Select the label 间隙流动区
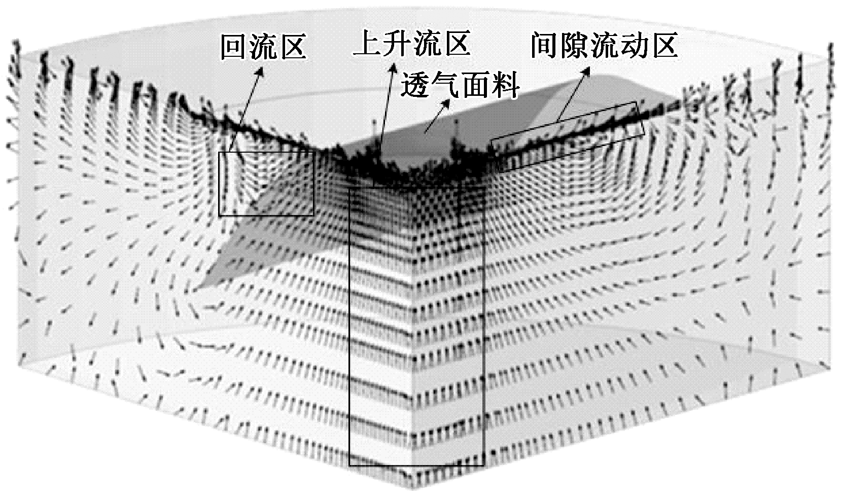[x=604, y=46]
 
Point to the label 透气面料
[x=460, y=84]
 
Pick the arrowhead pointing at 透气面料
[x=446, y=103]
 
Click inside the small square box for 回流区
[x=266, y=183]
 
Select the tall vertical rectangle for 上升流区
[x=416, y=325]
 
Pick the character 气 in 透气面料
[x=445, y=84]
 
